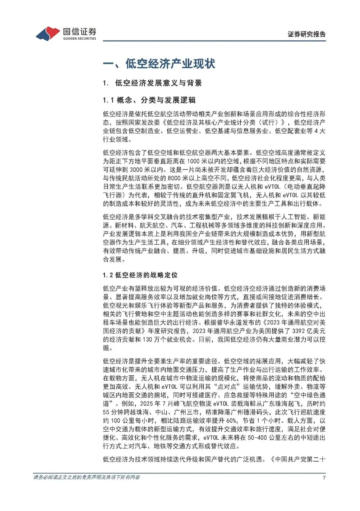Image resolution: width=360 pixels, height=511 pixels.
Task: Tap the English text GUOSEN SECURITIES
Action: click(79, 39)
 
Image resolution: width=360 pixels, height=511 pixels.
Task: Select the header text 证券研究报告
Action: click(307, 34)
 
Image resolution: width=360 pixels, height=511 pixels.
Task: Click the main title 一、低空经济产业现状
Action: click(159, 64)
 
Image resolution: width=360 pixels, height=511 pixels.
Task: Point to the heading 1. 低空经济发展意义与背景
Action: click(152, 83)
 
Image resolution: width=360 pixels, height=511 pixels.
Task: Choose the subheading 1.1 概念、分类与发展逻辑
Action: click(149, 100)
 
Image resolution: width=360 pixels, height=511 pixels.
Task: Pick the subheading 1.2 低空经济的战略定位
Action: click(140, 275)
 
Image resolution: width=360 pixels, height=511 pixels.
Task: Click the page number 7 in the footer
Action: click(324, 477)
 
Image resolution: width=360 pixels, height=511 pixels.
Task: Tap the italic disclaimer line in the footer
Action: click(87, 477)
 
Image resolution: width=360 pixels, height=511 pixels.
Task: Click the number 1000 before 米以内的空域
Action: click(193, 161)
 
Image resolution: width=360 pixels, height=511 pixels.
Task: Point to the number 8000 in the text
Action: click(174, 178)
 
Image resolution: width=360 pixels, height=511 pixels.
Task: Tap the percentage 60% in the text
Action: click(231, 421)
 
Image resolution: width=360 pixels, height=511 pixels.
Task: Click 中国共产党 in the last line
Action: click(290, 459)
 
